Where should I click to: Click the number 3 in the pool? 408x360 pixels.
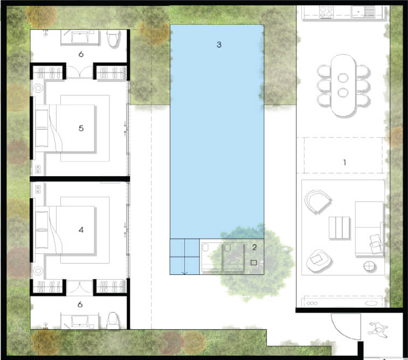pos(219,45)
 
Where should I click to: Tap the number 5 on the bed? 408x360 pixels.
pos(81,128)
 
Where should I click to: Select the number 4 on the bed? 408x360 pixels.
pos(81,230)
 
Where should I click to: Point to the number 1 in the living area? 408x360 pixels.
pos(344,163)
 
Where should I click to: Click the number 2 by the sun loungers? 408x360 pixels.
pos(254,247)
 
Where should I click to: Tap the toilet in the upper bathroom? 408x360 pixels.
pos(113,38)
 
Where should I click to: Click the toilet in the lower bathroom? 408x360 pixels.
pos(113,321)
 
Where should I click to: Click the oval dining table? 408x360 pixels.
pos(343,85)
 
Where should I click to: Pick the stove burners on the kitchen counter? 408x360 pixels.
pos(327,12)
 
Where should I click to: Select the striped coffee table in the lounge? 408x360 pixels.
pos(340,227)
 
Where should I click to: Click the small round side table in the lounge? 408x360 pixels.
pos(369,267)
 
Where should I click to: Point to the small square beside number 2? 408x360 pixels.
pos(253,262)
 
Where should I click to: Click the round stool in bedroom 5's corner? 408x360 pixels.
pos(38,88)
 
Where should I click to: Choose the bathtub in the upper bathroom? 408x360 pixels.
pos(80,38)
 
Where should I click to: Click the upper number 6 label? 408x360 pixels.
pos(81,54)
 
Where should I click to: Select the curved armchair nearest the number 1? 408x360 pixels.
pos(317,202)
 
